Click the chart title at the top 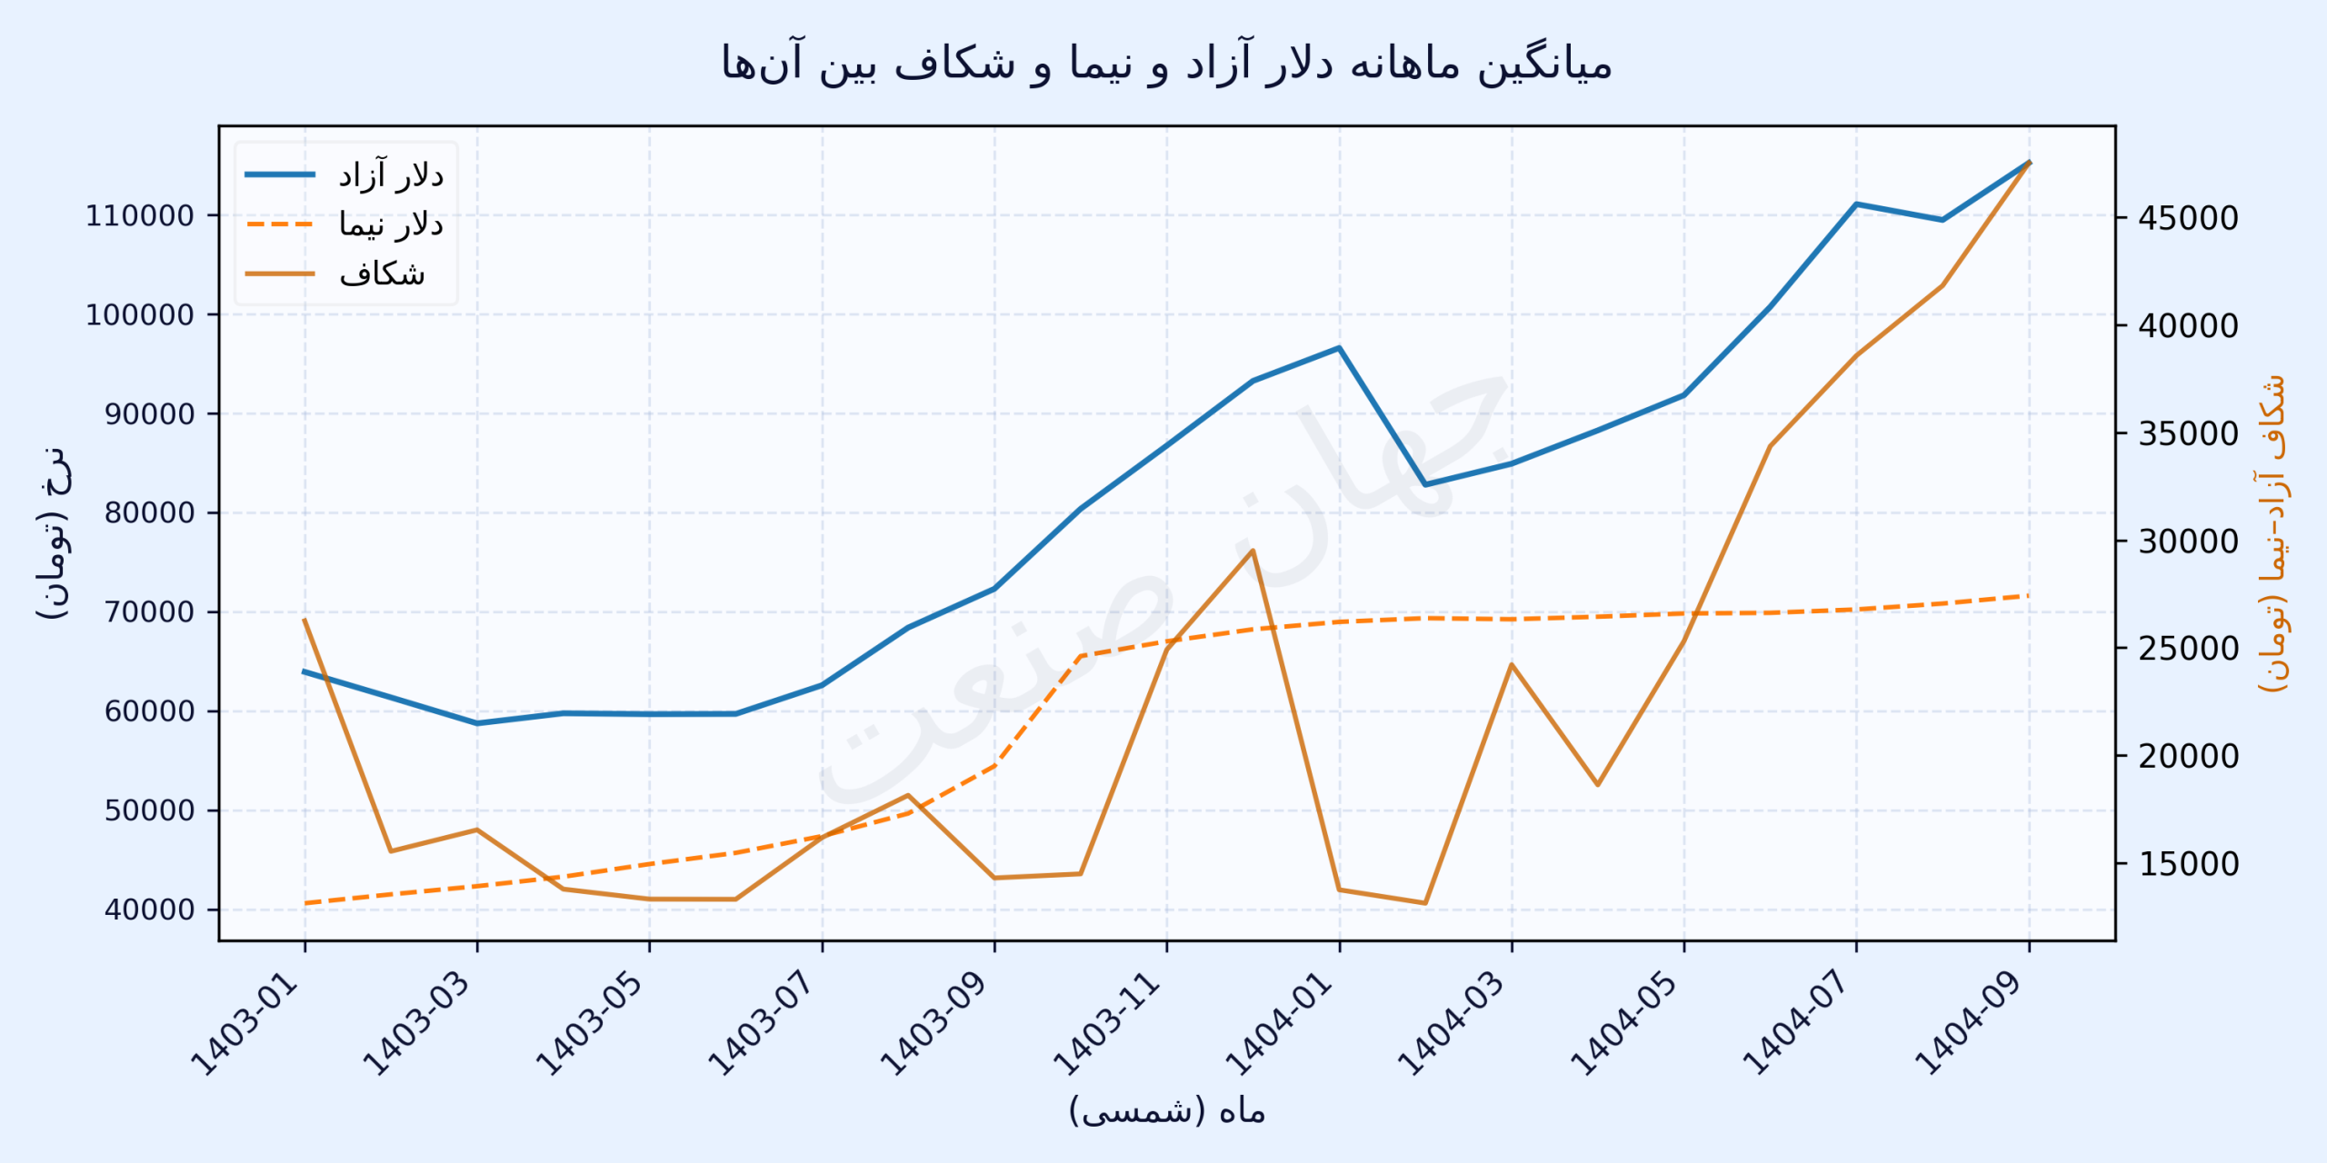(x=1166, y=64)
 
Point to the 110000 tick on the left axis (x=140, y=216)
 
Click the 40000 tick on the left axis (x=149, y=910)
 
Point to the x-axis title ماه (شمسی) (x=1166, y=1110)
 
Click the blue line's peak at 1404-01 (x=1339, y=347)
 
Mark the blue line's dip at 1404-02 (x=1424, y=484)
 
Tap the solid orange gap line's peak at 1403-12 (x=1253, y=551)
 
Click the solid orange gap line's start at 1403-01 (x=305, y=620)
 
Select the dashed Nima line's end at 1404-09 (x=2029, y=596)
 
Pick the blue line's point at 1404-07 (x=1856, y=204)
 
